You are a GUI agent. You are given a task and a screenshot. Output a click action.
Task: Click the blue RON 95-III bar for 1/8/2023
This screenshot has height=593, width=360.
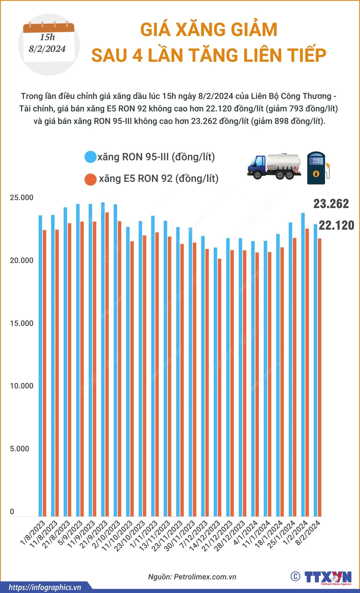[40, 360]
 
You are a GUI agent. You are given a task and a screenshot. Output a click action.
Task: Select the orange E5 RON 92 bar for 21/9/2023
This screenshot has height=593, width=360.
[107, 360]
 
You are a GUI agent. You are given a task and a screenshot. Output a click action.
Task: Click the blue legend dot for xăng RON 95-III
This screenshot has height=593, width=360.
[90, 157]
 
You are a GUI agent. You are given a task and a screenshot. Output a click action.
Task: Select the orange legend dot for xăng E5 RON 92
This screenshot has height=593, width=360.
[90, 179]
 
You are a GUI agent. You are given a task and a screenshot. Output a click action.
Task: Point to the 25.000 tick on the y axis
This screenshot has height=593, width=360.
[22, 197]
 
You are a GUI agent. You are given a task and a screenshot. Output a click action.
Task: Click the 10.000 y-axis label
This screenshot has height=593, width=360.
[22, 386]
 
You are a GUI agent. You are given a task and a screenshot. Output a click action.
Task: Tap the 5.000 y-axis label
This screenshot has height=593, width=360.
[19, 449]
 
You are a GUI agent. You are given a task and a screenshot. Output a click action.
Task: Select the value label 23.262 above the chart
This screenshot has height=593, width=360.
[331, 204]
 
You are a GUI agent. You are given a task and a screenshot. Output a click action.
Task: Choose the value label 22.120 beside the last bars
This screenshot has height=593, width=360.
[336, 225]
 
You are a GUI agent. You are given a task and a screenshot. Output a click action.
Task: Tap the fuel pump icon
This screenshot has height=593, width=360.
[317, 168]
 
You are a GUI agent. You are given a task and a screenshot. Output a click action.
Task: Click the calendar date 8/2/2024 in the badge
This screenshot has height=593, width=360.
[47, 49]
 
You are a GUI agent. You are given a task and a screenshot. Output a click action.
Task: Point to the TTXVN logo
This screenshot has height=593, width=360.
[328, 577]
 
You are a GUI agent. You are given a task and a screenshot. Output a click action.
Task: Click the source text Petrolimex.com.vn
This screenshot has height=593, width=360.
[205, 577]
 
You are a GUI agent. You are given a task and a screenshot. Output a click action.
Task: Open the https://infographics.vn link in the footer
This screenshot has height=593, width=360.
[45, 587]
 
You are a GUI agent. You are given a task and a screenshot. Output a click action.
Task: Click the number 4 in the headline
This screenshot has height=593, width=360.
[137, 56]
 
